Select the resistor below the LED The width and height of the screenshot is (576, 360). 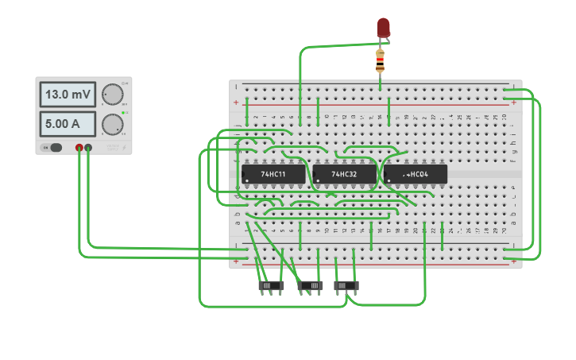[x=381, y=59]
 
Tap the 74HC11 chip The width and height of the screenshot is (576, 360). [x=273, y=174]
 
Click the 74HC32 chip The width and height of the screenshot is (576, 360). [x=344, y=174]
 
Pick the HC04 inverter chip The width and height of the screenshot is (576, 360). [x=415, y=174]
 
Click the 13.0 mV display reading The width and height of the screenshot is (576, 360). [x=68, y=95]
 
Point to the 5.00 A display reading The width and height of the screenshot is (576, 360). [x=68, y=123]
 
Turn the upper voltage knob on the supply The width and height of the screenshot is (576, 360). [x=113, y=95]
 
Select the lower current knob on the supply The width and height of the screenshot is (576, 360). [x=113, y=124]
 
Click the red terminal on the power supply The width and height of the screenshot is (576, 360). [x=79, y=147]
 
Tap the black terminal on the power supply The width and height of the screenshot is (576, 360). [x=88, y=147]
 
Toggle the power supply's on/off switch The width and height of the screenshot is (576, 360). [x=54, y=147]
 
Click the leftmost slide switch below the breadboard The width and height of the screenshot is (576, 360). [x=271, y=285]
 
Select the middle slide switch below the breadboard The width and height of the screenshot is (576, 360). [x=310, y=285]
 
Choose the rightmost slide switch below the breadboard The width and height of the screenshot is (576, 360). [x=346, y=285]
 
